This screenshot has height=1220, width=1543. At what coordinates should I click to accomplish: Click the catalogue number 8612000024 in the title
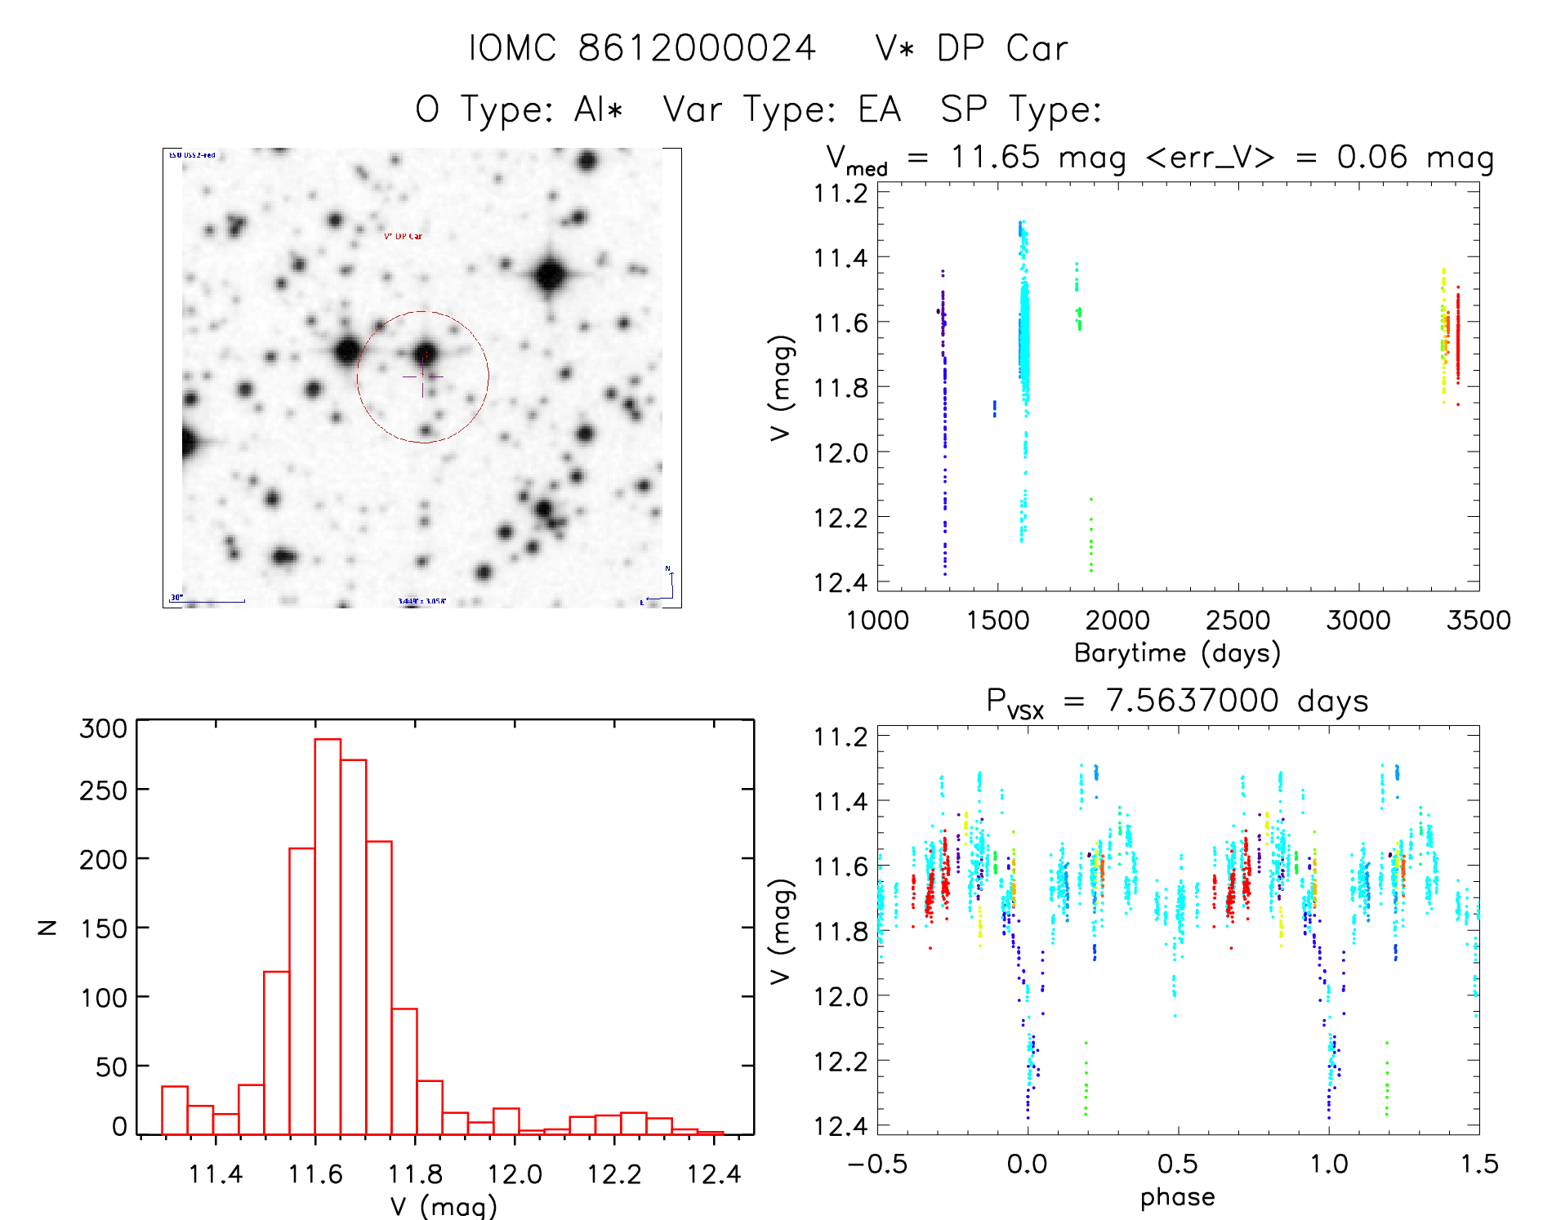coord(697,48)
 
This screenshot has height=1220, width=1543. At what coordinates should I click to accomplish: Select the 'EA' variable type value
coord(879,109)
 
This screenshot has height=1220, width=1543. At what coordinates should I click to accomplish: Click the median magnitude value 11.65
coord(996,157)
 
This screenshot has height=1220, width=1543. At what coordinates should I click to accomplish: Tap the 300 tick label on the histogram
coord(104,728)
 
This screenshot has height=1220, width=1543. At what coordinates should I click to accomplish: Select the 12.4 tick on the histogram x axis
coord(714,1174)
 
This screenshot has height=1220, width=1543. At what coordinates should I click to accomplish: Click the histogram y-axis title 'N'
coord(47,927)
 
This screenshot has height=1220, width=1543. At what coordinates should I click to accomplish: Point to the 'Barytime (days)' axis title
coord(1177,653)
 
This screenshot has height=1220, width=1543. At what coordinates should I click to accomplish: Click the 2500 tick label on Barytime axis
coord(1238,620)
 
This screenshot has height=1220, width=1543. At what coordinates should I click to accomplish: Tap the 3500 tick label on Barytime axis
coord(1478,620)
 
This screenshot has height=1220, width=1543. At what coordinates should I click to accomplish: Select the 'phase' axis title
coord(1177,1197)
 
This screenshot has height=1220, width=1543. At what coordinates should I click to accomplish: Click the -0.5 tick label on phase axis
coord(877,1164)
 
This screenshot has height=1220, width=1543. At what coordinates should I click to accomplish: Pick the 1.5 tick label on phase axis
coord(1479,1164)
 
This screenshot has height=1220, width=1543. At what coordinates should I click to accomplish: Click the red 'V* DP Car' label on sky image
coord(404,237)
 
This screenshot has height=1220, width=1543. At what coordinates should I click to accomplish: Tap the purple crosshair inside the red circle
coord(423,377)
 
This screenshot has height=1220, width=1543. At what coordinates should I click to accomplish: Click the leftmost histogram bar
coord(175,1110)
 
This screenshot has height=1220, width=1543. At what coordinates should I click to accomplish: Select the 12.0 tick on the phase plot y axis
coord(841,996)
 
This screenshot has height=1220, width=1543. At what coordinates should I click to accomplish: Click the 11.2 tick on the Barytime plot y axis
coord(841,194)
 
